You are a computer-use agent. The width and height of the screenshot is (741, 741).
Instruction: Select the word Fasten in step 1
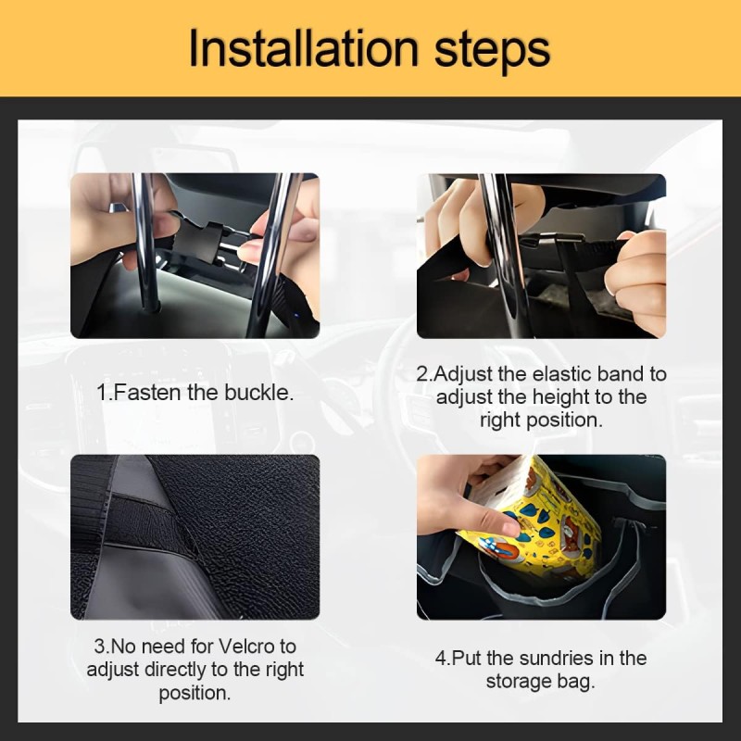147,392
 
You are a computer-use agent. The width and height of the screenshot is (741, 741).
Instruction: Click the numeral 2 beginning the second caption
421,374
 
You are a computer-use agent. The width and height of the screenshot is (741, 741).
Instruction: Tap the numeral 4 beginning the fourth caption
441,659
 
